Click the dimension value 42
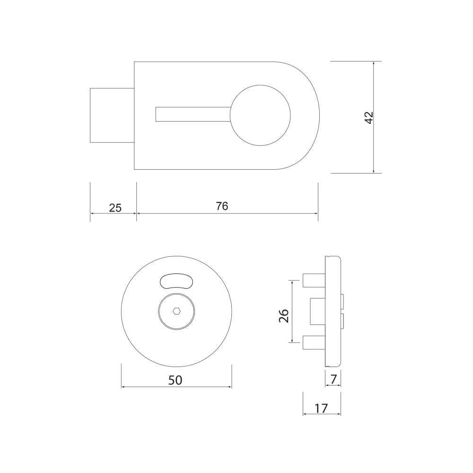pos(369,117)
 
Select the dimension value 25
pos(115,208)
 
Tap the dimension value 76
pos(222,206)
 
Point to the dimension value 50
pos(175,380)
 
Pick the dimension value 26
pos(284,316)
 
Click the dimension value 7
pos(333,379)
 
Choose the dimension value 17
pos(321,409)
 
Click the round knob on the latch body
pos(260,115)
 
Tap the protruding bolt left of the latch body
pos(112,115)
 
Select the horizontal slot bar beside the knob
pos(193,114)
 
